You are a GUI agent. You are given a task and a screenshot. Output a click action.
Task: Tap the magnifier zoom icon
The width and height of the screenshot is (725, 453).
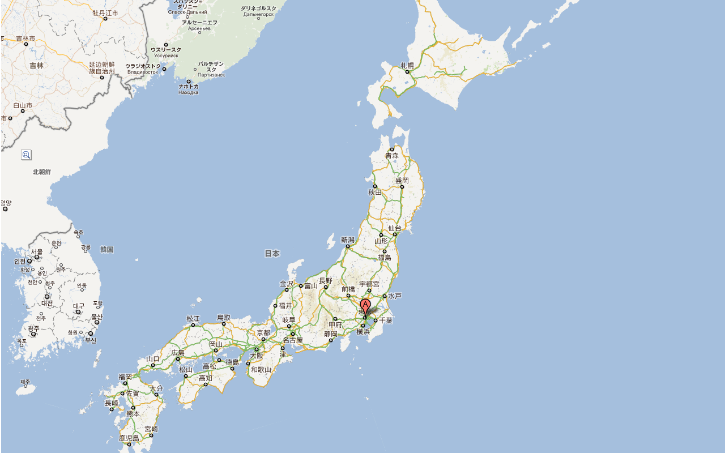click(x=26, y=155)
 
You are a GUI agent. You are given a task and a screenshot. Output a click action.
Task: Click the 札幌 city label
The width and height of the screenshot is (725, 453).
click(x=407, y=66)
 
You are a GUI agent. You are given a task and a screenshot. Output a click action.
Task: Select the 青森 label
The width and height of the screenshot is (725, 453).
click(x=392, y=155)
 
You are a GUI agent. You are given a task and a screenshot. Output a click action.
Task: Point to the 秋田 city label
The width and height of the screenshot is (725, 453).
click(x=375, y=192)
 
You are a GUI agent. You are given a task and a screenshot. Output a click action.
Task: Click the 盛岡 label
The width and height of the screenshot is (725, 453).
click(x=402, y=180)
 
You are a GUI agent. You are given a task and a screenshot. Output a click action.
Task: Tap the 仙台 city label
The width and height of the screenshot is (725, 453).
click(x=395, y=228)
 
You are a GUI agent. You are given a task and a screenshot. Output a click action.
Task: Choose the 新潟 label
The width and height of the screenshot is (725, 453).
click(x=347, y=240)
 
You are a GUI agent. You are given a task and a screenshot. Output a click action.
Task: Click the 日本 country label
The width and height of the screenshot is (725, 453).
click(x=272, y=254)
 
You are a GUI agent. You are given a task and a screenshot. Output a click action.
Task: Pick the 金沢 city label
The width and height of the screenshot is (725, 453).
click(x=287, y=284)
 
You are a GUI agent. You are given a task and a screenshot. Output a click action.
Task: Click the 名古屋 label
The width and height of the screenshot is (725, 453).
click(x=293, y=340)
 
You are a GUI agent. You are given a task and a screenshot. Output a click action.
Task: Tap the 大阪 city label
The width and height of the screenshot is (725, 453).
click(x=257, y=356)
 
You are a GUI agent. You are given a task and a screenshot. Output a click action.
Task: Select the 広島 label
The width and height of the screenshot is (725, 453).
click(x=178, y=353)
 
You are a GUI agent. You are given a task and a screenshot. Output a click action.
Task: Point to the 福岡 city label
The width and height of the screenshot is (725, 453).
click(x=125, y=377)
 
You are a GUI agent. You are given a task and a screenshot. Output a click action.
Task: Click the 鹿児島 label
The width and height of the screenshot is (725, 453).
click(x=129, y=438)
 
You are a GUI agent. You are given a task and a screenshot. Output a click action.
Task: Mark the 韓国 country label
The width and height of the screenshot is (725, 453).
click(x=107, y=249)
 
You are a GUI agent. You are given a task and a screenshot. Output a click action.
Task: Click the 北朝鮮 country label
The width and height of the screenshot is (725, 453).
click(x=42, y=172)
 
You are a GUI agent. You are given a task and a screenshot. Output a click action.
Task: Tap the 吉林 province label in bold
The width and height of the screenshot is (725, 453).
click(x=36, y=66)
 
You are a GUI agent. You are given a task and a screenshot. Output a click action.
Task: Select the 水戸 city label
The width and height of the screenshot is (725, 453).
click(x=395, y=296)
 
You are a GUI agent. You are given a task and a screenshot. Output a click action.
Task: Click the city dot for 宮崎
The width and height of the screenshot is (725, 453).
click(x=151, y=435)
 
